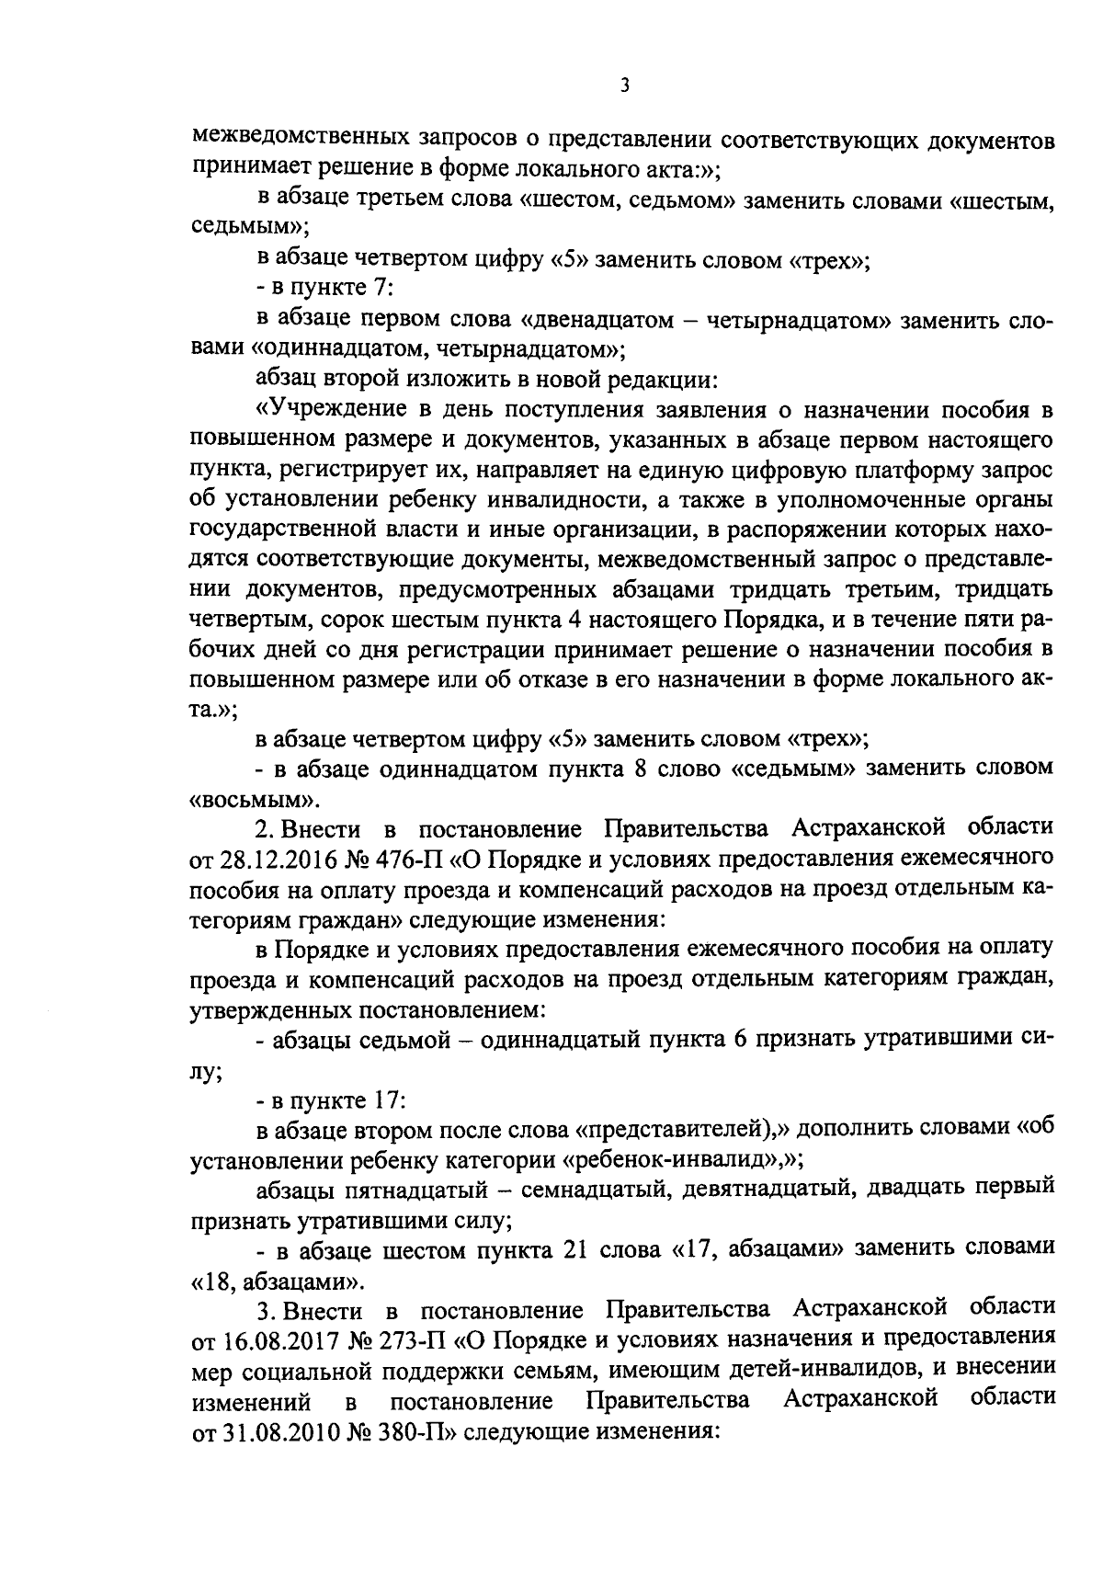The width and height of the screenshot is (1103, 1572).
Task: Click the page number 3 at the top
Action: (x=624, y=86)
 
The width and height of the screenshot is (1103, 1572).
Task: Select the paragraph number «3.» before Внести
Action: (x=266, y=1308)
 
